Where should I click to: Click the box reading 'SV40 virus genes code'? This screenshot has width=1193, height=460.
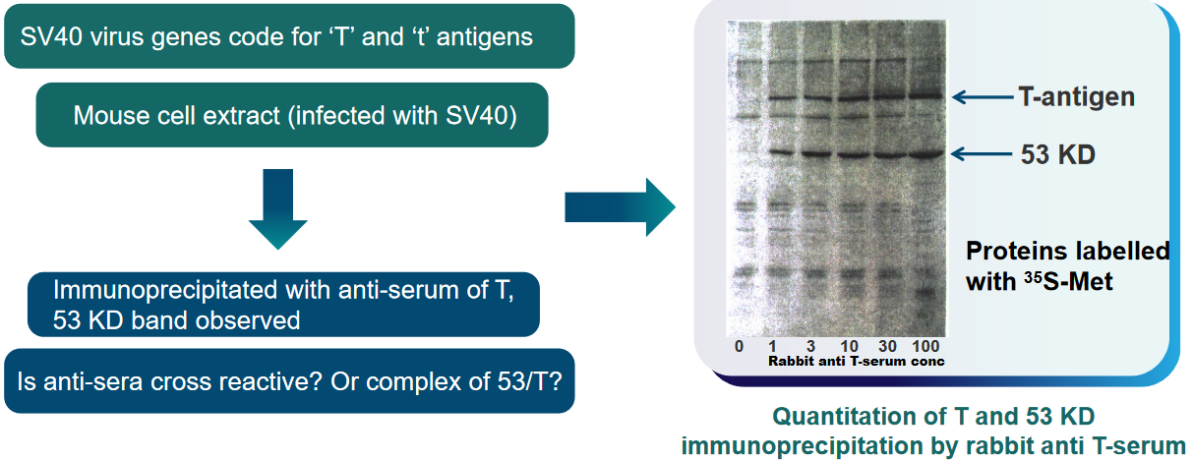289,36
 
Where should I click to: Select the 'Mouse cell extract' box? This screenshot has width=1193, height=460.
292,115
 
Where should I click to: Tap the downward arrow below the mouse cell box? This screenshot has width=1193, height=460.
278,209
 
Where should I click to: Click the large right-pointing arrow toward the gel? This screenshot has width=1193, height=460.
620,207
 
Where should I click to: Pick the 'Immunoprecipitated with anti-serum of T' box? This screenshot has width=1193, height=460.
283,305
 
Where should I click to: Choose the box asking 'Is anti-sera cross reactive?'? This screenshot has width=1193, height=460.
289,381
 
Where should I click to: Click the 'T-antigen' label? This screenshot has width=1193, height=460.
1076,97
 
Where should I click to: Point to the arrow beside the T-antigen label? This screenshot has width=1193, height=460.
983,97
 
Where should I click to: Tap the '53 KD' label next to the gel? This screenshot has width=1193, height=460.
1057,155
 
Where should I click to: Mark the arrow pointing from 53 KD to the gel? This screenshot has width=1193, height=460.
981,154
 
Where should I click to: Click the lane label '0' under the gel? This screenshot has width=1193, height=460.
739,347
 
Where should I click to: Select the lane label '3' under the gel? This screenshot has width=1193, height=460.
810,347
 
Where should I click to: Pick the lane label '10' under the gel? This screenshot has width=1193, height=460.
849,347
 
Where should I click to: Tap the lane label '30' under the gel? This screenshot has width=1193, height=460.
887,347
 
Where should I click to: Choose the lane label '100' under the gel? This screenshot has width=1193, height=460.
925,347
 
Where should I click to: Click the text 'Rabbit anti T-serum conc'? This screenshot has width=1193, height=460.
857,362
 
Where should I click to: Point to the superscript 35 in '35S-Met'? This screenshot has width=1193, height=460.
1033,277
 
